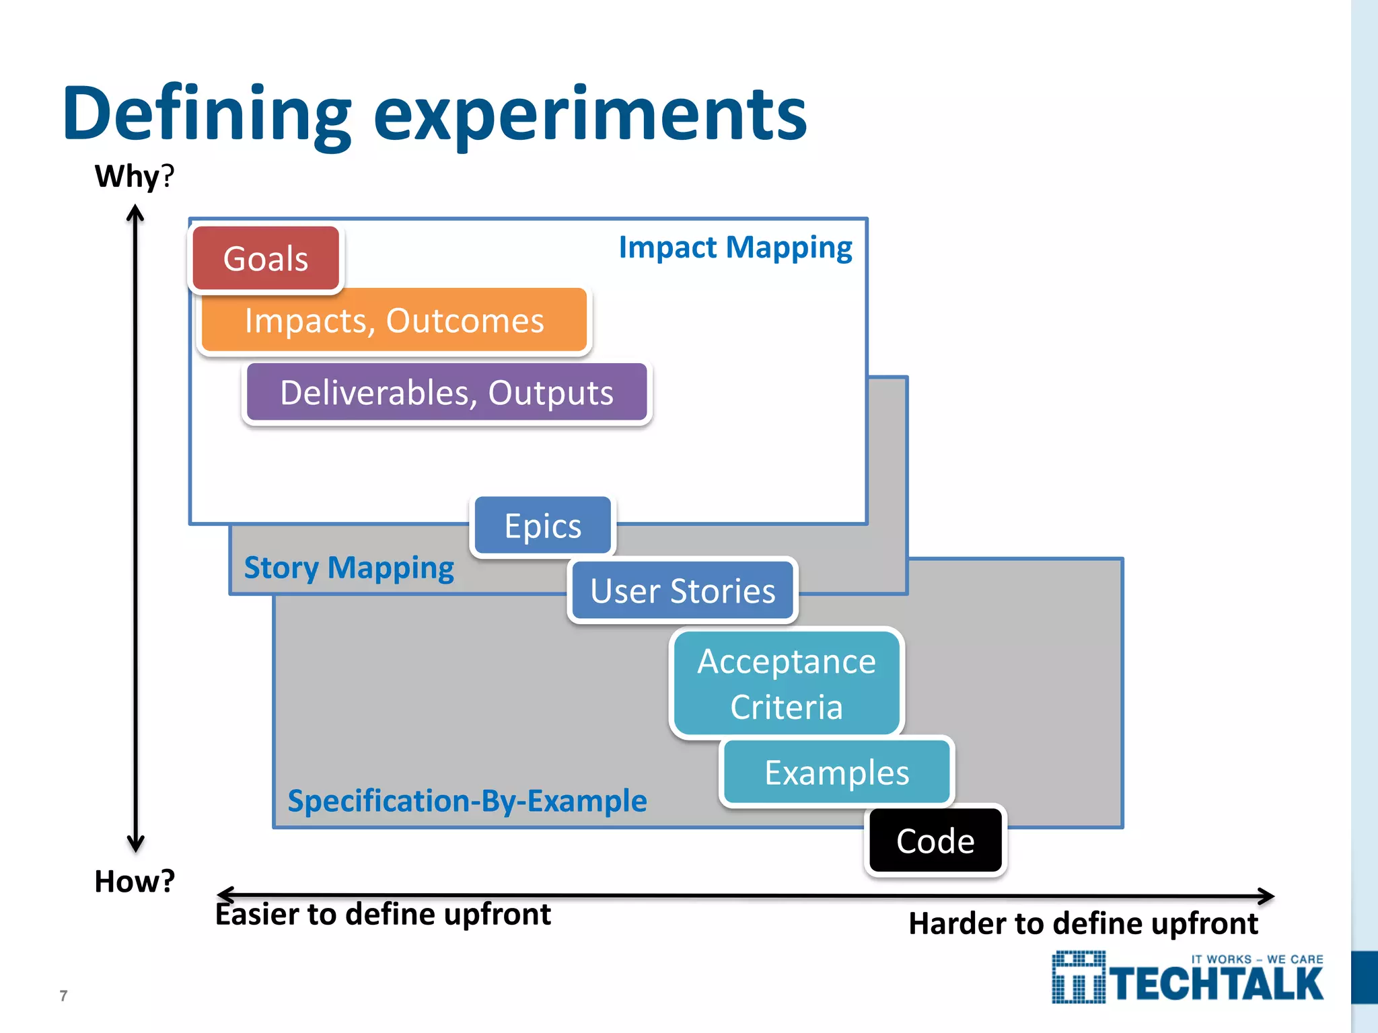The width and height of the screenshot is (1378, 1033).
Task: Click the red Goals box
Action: [x=266, y=259]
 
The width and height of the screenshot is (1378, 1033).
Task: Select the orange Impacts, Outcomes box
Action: [x=394, y=320]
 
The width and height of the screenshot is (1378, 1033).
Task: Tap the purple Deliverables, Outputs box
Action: [x=447, y=393]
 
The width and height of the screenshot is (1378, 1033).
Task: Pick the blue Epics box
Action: [x=542, y=526]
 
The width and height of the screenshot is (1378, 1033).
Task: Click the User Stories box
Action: [x=682, y=591]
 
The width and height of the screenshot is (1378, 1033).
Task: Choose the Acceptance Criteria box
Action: [x=787, y=683]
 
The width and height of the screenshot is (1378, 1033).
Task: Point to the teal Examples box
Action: [x=836, y=773]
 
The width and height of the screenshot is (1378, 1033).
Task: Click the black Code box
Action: [x=935, y=841]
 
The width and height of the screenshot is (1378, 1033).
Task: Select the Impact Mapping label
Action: [x=735, y=247]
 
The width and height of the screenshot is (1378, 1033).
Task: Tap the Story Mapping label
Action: [x=349, y=568]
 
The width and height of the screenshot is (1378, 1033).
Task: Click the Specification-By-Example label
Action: [x=467, y=801]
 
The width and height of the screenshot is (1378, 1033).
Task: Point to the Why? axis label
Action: [x=134, y=176]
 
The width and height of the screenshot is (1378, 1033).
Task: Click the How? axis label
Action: [x=135, y=881]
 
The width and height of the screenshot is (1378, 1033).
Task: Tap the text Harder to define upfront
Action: [x=1083, y=923]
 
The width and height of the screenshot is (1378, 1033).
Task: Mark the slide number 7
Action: [x=63, y=995]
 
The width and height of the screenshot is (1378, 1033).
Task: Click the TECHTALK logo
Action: [x=1188, y=979]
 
